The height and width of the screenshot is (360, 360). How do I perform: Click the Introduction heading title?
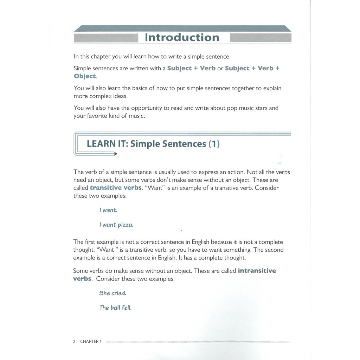[182, 38]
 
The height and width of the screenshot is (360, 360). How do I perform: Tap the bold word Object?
[85, 76]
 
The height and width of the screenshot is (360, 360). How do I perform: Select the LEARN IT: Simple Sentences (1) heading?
[153, 144]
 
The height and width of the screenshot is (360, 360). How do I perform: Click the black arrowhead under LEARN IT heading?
[116, 154]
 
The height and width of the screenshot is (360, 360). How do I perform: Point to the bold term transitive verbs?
[116, 188]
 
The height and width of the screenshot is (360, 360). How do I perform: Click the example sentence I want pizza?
[116, 225]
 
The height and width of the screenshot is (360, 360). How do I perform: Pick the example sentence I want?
[108, 211]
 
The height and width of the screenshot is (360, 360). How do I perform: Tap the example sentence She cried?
[112, 293]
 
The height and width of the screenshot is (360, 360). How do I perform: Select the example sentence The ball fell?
[115, 308]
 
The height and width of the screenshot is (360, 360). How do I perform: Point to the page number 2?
[74, 341]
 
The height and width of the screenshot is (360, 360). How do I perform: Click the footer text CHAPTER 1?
[91, 341]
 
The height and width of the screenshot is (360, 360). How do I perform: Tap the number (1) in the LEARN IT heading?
[214, 144]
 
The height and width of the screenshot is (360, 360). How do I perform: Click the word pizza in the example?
[126, 225]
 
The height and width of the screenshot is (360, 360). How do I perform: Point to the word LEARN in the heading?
[101, 144]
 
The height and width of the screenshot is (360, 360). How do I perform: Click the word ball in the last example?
[115, 308]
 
